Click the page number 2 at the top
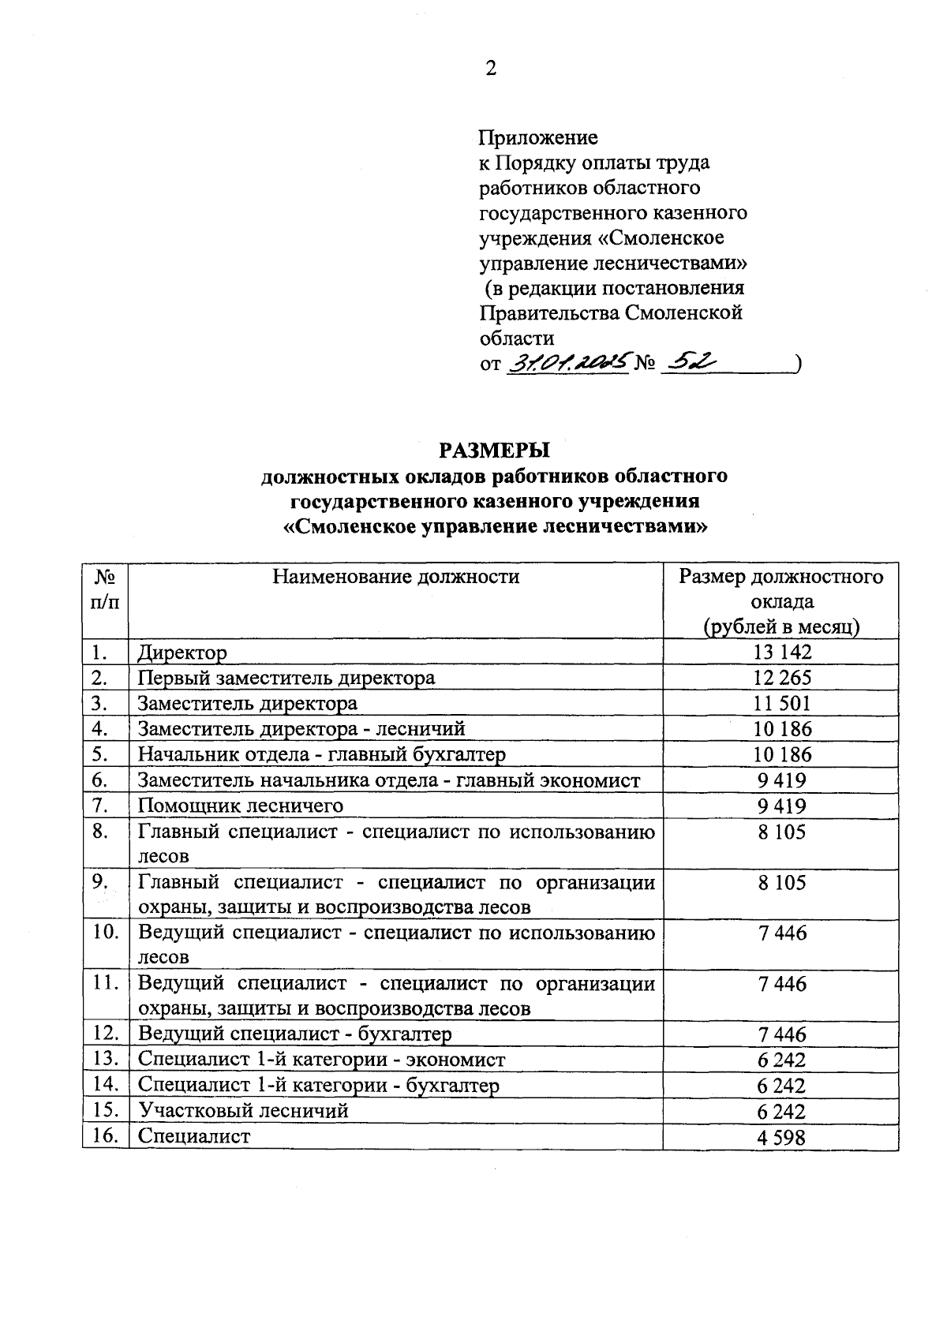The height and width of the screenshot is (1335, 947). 491,69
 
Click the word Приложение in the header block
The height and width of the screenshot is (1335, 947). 539,138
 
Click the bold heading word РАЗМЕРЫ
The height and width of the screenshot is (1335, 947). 494,451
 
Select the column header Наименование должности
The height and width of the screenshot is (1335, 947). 396,577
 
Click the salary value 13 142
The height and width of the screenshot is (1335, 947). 782,653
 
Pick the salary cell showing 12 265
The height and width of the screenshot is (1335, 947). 782,678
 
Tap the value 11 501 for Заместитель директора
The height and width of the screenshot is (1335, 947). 782,704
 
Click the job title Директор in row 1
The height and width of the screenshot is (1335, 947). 182,653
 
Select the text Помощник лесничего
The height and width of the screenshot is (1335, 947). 241,806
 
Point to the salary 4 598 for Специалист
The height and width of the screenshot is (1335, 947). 782,1137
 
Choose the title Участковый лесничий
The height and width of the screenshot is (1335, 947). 243,1111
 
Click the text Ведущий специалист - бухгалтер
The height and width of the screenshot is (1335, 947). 294,1034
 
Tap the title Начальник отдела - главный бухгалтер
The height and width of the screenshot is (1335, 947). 322,754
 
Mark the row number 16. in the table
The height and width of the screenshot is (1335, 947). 105,1136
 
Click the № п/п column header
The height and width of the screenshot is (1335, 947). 105,589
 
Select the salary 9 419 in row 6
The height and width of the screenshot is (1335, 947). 782,780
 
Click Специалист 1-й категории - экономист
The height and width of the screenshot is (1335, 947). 322,1060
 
